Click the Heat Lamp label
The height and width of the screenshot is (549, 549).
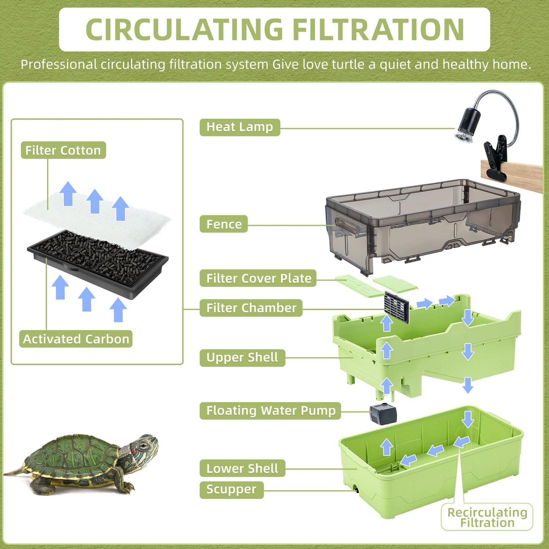pos(240,127)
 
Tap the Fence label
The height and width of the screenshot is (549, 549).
pos(224,224)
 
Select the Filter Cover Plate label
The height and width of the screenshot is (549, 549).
pos(258,278)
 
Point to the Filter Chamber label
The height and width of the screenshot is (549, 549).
pos(251,308)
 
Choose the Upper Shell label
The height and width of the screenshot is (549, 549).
pos(242,358)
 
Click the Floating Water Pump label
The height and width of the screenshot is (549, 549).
pos(271,411)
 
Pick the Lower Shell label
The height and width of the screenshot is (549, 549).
pos(242,469)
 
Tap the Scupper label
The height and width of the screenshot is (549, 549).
pos(231,490)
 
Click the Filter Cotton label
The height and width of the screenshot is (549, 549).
pos(63,150)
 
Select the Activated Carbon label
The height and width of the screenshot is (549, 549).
pos(76,339)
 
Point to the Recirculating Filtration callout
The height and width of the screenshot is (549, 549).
pos(487,517)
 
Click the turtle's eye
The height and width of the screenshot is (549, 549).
pos(143,446)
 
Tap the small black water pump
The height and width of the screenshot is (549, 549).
pos(383,414)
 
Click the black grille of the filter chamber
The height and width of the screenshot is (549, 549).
pos(397,307)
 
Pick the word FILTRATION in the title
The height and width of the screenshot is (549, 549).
pos(379,30)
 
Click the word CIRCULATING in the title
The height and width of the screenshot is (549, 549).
pos(185,30)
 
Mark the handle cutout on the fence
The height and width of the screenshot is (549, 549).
pos(346,226)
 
